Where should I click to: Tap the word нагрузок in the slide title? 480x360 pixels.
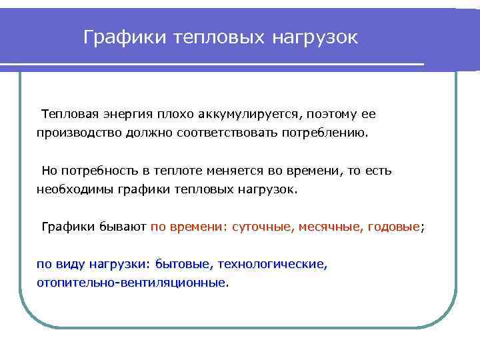[x=315, y=37]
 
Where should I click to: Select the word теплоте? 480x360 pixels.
[x=175, y=171]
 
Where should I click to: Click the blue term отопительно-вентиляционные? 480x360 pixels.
[x=131, y=283]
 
